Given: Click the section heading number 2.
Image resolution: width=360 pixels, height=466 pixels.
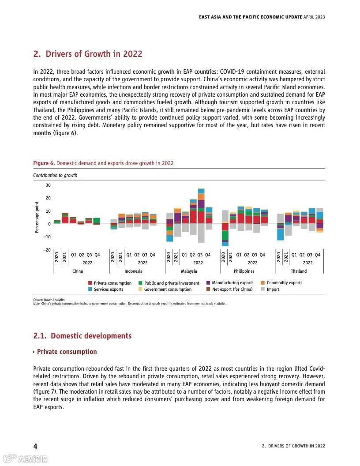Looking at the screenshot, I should coord(37,54).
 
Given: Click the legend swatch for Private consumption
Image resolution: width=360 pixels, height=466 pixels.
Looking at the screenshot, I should coord(90,283).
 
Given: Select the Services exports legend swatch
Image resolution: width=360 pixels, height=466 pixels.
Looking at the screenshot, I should coord(90,289).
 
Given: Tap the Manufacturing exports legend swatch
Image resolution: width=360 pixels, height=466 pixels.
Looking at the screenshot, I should coord(208,283).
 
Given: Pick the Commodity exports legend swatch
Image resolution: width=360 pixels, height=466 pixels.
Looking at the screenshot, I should coord(263,283).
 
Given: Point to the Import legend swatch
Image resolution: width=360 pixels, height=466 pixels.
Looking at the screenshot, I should coord(263,289).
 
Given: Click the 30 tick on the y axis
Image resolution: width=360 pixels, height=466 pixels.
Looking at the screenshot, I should coord(48,185).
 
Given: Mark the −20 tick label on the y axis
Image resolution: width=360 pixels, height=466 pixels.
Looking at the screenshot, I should coord(47,250).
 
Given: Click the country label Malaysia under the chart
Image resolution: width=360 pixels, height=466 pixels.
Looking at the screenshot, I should coord(189,271).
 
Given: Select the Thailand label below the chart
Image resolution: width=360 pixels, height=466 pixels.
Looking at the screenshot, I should coord(299,271).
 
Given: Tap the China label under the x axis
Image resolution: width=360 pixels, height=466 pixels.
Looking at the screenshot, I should coord(78,271).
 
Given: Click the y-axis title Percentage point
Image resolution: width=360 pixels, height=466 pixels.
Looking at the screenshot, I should coord(37,217).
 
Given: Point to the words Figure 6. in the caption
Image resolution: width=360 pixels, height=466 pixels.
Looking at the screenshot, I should coord(44,163).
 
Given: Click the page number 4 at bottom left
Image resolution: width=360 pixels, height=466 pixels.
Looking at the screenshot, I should coord(35,446).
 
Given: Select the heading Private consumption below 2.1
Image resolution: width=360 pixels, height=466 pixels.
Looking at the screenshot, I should coord(67,352).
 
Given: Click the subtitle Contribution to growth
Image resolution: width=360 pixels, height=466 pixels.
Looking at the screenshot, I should coord(55,175).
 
